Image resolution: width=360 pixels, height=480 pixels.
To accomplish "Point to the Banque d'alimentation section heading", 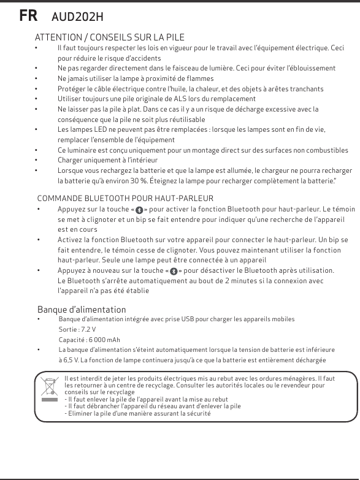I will point(82,310).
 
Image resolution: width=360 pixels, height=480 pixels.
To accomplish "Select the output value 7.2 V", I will point(87,329).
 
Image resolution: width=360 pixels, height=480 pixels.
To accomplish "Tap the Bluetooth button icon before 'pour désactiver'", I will point(173,271).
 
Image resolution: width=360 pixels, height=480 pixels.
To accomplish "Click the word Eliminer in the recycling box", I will point(79,414).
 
